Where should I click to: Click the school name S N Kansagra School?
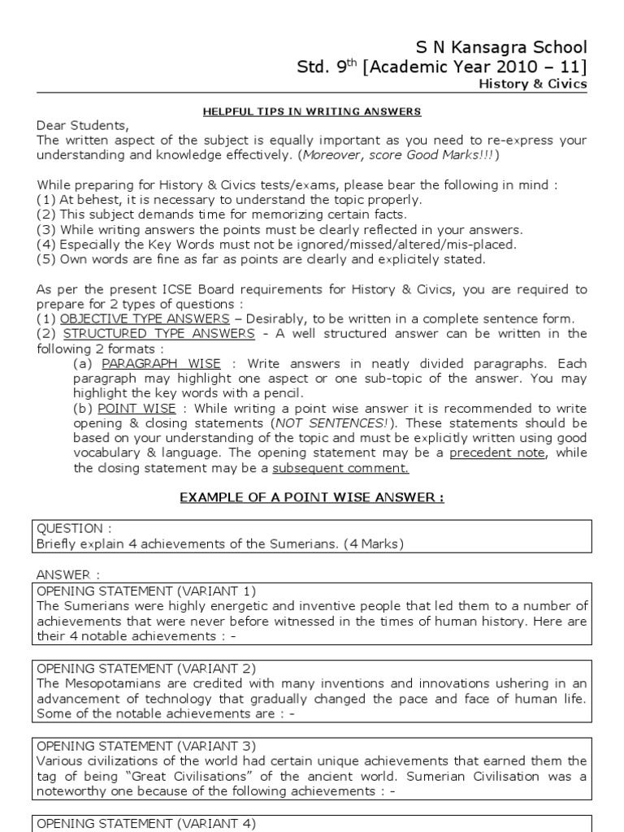[502, 46]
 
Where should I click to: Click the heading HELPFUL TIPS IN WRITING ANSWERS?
[311, 110]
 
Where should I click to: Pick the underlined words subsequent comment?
[340, 468]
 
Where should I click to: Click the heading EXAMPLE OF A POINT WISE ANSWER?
[312, 497]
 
